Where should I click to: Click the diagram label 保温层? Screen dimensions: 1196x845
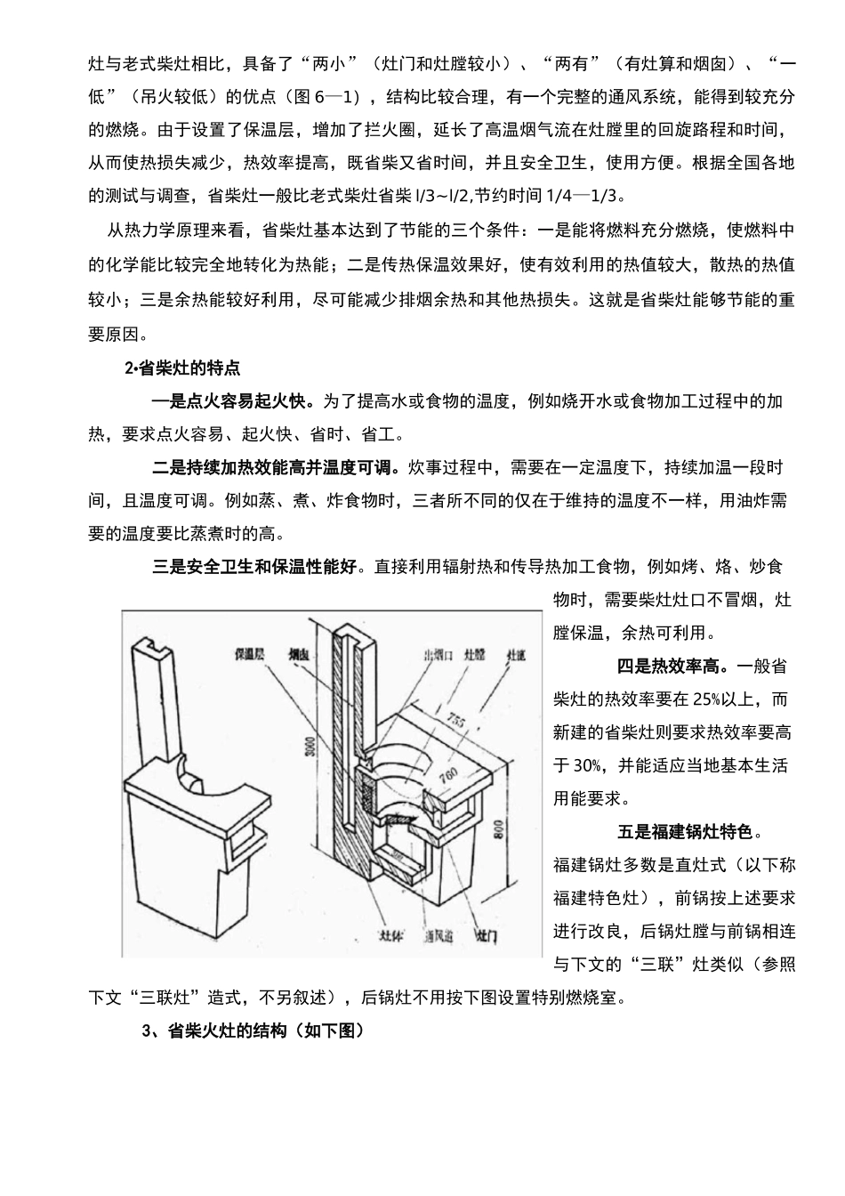[x=251, y=654]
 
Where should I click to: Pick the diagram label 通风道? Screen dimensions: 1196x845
[x=439, y=937]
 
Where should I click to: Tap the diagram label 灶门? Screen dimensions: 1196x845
[x=486, y=937]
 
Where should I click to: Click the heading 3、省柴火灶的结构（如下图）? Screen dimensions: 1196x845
[x=253, y=1031]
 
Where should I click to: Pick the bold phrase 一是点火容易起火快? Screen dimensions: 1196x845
[x=232, y=400]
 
